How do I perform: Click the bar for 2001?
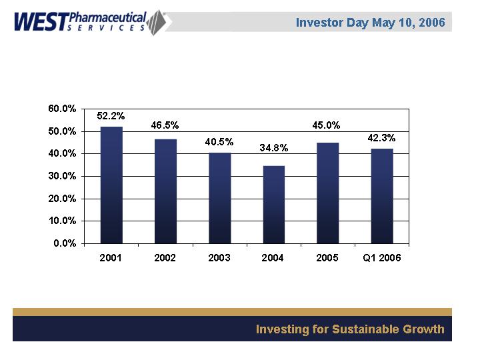(x=111, y=185)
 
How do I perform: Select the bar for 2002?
(x=165, y=191)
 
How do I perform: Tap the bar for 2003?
(x=219, y=197)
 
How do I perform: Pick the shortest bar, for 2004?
(x=274, y=204)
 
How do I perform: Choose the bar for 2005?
(x=328, y=193)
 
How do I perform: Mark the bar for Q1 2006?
(x=382, y=195)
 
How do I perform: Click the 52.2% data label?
(x=111, y=116)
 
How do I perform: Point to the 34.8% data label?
(x=273, y=148)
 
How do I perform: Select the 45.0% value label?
(x=327, y=125)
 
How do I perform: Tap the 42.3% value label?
(x=382, y=139)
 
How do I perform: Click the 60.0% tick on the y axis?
(x=62, y=109)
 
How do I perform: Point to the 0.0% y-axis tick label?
(x=65, y=243)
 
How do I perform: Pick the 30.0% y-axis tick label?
(x=62, y=176)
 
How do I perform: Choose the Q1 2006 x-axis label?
(x=382, y=258)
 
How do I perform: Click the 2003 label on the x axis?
(x=219, y=258)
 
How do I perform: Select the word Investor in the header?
(x=320, y=22)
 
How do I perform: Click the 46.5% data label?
(x=165, y=125)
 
